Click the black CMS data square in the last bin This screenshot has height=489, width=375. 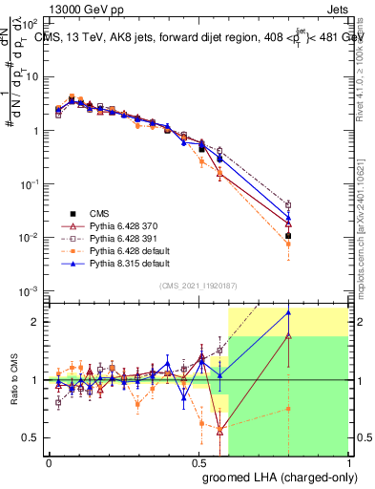(288, 235)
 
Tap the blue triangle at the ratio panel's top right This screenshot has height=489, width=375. (288, 312)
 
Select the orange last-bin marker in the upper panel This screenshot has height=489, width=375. (288, 244)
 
